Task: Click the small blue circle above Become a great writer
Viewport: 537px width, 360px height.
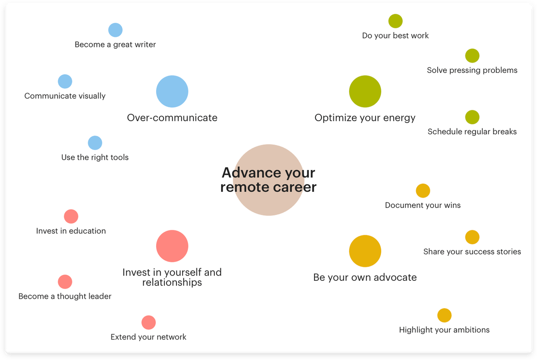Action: (x=115, y=30)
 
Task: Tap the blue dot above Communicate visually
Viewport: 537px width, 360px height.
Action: (x=65, y=81)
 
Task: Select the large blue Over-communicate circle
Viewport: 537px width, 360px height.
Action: (x=172, y=91)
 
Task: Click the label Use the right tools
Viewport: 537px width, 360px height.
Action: (x=95, y=157)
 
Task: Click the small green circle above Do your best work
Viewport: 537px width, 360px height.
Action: (x=396, y=21)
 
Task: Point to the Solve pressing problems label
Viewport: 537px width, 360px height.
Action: (x=472, y=70)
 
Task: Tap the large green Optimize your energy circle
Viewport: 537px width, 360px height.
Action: (x=365, y=91)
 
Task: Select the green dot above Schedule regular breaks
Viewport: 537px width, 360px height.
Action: (x=472, y=117)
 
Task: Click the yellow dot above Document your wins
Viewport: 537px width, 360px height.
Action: (x=423, y=191)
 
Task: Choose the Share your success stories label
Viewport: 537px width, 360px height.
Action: (x=472, y=252)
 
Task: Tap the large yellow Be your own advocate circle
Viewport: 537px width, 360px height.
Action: (x=365, y=251)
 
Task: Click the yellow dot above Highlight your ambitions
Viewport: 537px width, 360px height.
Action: (x=444, y=315)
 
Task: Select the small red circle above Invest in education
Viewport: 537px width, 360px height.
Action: (x=71, y=216)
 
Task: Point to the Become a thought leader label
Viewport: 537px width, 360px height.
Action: (x=65, y=296)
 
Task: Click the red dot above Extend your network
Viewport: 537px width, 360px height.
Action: (x=149, y=322)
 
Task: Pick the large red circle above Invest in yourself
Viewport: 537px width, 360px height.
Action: (x=172, y=246)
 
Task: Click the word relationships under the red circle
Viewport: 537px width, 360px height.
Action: (x=172, y=283)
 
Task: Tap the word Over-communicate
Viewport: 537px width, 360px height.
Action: (x=172, y=118)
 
